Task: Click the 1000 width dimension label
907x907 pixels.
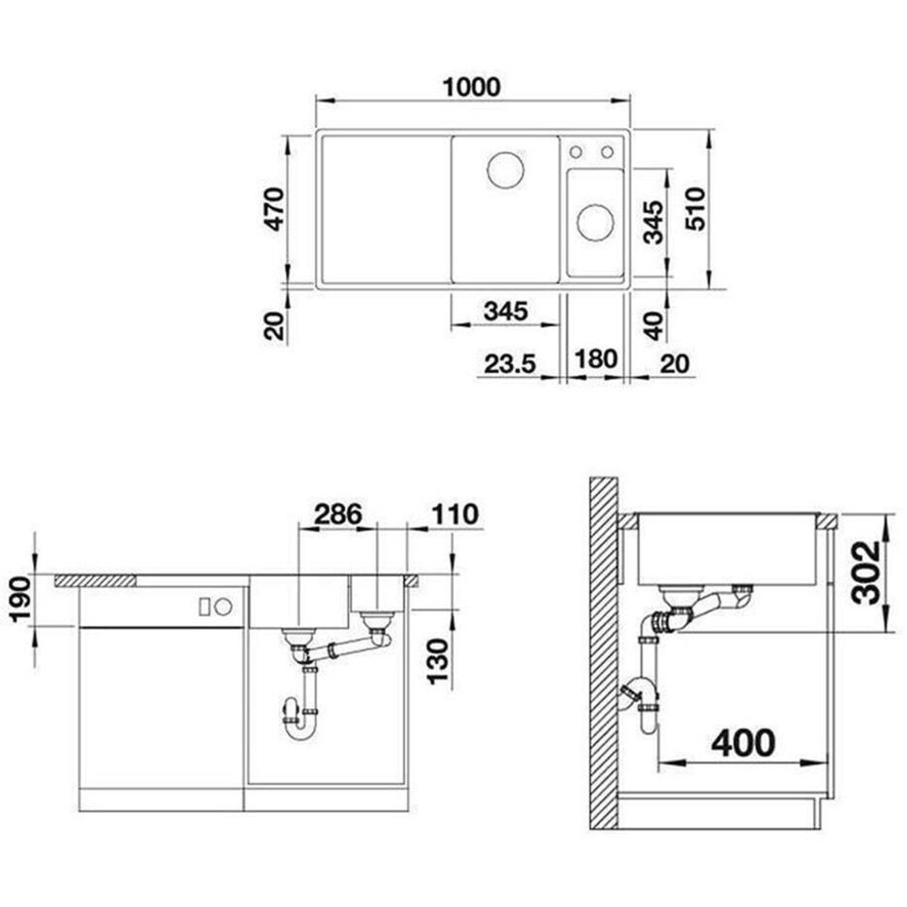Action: tap(471, 87)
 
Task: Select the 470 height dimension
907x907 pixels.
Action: tap(274, 209)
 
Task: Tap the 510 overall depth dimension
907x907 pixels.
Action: tap(695, 208)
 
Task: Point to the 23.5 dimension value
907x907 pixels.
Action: tap(510, 364)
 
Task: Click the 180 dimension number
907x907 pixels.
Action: tap(595, 359)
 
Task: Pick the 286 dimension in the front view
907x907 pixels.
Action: tap(338, 514)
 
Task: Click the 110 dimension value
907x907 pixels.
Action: tap(455, 514)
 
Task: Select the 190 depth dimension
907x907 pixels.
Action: tap(22, 600)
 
